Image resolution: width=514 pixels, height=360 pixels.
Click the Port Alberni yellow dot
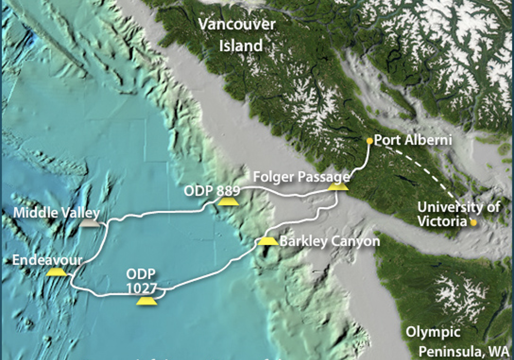(x=369, y=140)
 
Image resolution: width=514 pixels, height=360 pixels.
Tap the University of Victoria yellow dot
(x=473, y=223)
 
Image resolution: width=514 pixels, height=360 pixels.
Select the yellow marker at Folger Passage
(x=338, y=187)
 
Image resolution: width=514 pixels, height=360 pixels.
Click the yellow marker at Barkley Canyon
(x=267, y=241)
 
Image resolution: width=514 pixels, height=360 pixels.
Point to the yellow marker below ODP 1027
(x=146, y=301)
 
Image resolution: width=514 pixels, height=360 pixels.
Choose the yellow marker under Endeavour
(x=56, y=272)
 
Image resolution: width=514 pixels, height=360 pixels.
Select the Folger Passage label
(x=301, y=177)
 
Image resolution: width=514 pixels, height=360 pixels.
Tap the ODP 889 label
(x=212, y=190)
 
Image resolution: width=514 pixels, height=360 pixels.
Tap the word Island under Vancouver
(x=241, y=46)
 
